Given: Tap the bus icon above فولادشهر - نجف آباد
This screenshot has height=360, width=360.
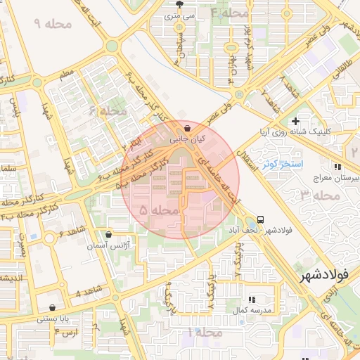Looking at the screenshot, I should pos(261,219).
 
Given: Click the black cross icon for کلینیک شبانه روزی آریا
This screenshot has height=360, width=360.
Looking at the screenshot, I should pos(296,121).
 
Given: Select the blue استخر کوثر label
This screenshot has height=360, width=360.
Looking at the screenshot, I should pos(281,165).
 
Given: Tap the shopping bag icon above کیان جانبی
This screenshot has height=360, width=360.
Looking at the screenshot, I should pos(187,129).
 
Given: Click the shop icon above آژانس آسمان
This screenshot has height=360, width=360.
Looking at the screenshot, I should pos(108,235).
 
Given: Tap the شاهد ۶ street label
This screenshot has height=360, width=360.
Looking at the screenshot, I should pos(72,231).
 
